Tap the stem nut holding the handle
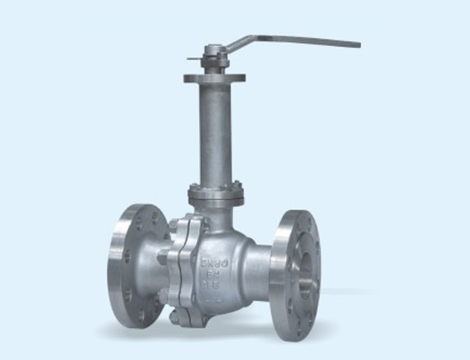(x=213, y=52)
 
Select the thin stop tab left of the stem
(x=192, y=59)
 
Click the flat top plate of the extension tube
(x=214, y=77)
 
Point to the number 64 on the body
(x=211, y=276)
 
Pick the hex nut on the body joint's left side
(x=162, y=258)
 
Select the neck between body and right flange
(x=259, y=267)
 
